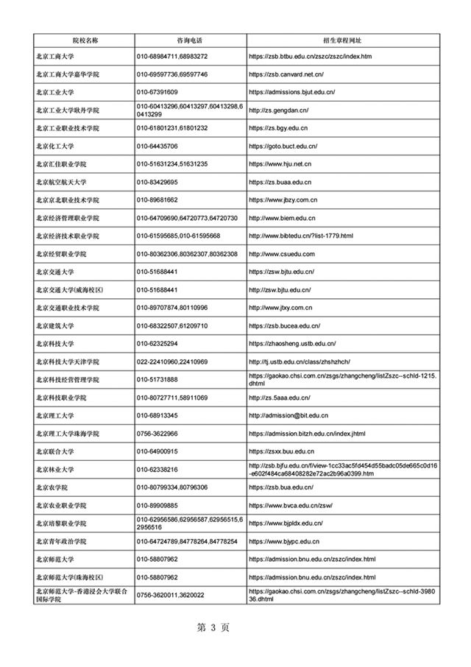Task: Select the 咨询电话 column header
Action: pos(190,38)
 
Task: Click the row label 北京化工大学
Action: pos(61,146)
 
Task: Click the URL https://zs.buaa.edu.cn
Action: pos(280,182)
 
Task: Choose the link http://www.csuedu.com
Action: pos(282,254)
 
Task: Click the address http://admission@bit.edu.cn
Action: pos(288,415)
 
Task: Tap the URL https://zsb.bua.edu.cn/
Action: pos(282,487)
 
